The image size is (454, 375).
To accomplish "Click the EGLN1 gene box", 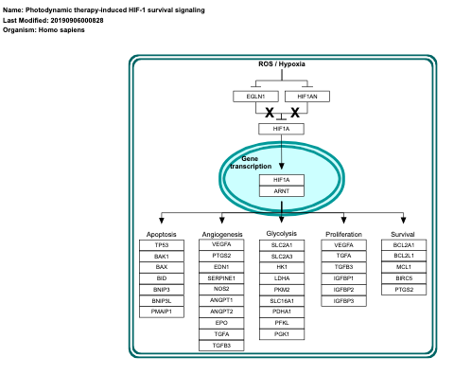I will click(x=255, y=96).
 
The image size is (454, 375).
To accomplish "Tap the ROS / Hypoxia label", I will click(x=282, y=64).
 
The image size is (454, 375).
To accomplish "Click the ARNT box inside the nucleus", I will click(x=282, y=191).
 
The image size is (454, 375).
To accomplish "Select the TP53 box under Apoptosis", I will click(x=161, y=245).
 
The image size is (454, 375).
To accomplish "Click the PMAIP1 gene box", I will click(x=161, y=312).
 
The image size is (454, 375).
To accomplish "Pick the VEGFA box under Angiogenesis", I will click(x=222, y=245).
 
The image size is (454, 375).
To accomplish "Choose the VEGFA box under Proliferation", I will click(x=344, y=245).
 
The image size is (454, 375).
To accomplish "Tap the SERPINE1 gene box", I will click(x=222, y=278).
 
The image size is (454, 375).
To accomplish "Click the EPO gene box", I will click(x=222, y=323).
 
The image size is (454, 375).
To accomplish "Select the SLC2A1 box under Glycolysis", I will click(x=282, y=245).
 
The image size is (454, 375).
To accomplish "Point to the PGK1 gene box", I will click(x=282, y=334).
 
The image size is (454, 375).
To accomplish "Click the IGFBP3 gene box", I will click(x=344, y=300).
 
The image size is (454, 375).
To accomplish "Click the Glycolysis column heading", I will click(x=282, y=233).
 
